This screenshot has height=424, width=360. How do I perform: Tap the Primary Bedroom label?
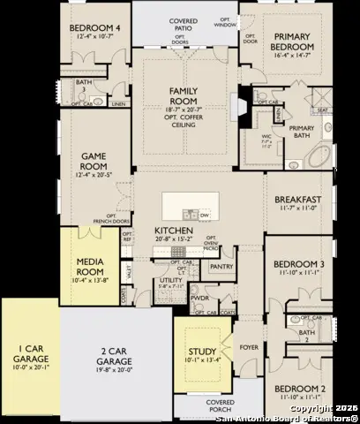(294, 48)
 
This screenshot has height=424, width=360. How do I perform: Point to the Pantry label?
(221, 266)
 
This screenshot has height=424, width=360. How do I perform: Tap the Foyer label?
(250, 347)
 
